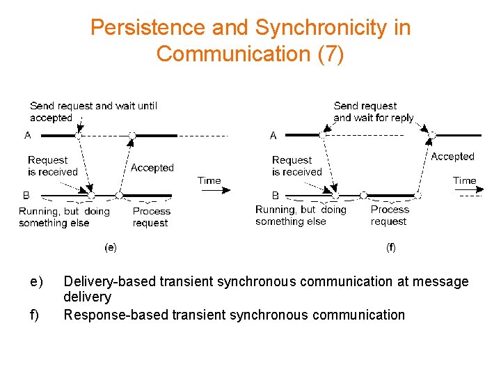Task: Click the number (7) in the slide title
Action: click(331, 54)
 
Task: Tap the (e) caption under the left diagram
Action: click(110, 246)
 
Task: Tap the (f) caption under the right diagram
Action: click(391, 246)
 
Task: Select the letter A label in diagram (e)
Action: click(28, 135)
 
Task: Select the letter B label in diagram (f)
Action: click(276, 196)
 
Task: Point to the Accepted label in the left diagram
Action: click(152, 168)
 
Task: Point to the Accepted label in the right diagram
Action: click(452, 157)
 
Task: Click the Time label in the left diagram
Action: click(209, 180)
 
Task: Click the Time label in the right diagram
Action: click(464, 180)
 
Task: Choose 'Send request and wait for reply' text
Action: click(374, 111)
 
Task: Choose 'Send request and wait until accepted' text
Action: click(93, 111)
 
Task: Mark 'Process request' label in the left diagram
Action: click(151, 217)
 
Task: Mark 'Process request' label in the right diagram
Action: click(390, 215)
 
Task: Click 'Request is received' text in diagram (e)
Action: click(53, 166)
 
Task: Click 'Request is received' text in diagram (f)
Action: click(297, 166)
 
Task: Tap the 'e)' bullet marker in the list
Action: click(36, 281)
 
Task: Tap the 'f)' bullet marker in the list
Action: click(35, 315)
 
